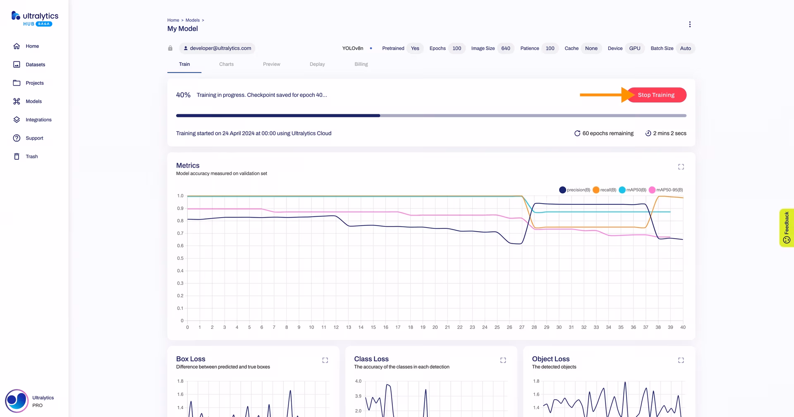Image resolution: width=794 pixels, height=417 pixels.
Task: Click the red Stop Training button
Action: (x=656, y=95)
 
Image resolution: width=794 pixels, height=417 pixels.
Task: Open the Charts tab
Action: (x=226, y=64)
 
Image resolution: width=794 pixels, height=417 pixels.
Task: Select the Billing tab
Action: (x=361, y=64)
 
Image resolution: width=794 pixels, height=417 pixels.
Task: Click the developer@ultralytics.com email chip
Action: (x=217, y=48)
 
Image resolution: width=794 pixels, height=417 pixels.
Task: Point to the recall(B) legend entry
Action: (x=604, y=190)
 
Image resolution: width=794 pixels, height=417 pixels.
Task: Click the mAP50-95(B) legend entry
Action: (x=666, y=190)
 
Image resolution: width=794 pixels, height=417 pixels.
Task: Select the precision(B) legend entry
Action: (x=574, y=190)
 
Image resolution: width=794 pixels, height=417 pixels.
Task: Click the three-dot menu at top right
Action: (x=690, y=24)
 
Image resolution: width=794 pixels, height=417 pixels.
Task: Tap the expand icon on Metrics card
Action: (x=681, y=167)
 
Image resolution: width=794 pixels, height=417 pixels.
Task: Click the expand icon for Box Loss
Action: (x=325, y=360)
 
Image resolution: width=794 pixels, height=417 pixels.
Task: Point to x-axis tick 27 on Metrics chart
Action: (x=522, y=327)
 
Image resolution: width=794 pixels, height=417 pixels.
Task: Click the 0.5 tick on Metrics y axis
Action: (x=180, y=258)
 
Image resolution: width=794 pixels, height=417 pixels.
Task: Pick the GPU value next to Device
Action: (x=635, y=48)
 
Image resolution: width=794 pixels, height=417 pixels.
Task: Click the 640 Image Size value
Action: (x=506, y=48)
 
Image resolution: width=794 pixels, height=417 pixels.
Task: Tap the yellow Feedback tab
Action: (x=787, y=228)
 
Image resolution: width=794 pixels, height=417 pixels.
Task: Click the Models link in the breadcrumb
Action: (x=193, y=20)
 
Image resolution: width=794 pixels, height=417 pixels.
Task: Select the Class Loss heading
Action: (x=371, y=359)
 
